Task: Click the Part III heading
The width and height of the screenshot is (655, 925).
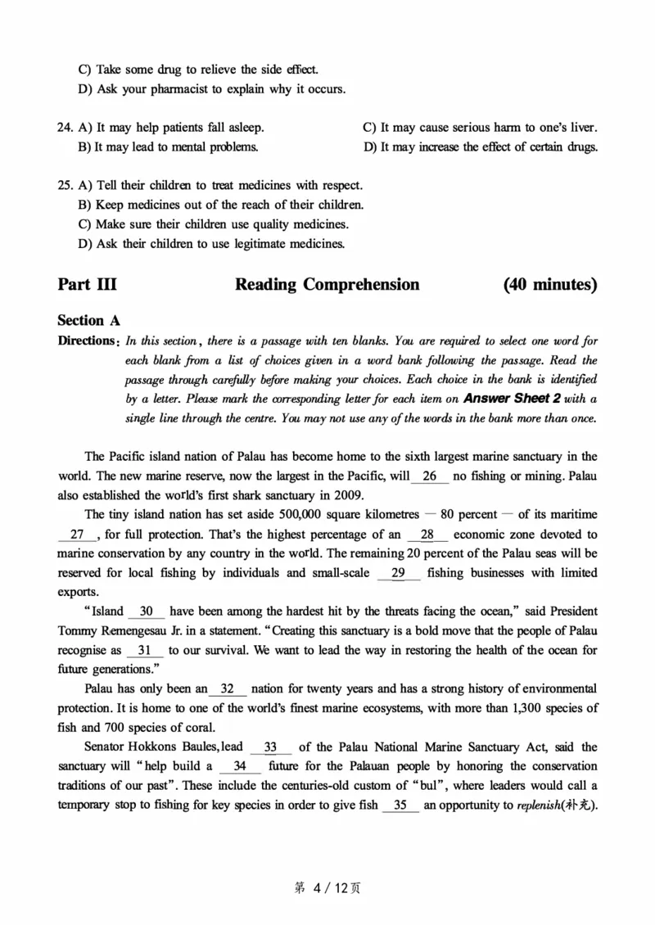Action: pos(87,285)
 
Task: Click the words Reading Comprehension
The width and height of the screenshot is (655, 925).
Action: pos(327,285)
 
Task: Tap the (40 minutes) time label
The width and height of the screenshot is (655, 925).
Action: pos(550,285)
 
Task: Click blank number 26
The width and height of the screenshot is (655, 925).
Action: pos(430,476)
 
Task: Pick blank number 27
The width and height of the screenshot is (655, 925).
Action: pos(78,535)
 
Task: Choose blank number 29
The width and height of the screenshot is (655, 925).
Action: pos(399,573)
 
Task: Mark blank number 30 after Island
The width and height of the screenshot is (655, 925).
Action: pos(147,611)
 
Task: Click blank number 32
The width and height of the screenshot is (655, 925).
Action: pos(228,689)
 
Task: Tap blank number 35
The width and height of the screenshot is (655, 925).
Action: pos(400,805)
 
